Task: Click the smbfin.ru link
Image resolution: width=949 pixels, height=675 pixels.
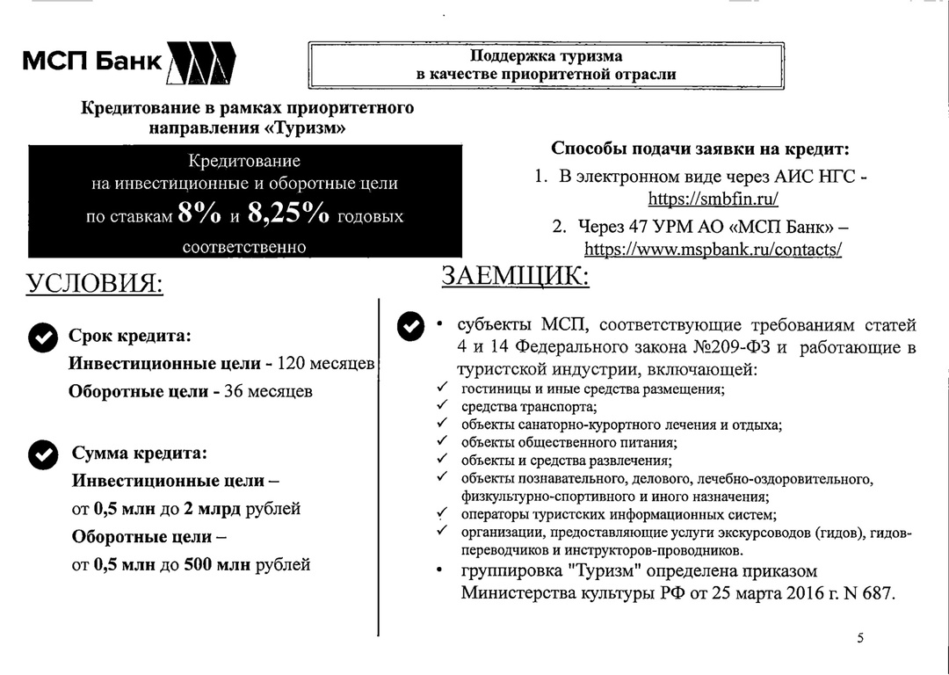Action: click(x=713, y=199)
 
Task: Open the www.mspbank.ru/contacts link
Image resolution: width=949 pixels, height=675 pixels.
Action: click(x=713, y=249)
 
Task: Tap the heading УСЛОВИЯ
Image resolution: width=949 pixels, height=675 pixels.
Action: click(x=94, y=284)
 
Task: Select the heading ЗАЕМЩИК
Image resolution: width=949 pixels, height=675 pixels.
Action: click(x=515, y=276)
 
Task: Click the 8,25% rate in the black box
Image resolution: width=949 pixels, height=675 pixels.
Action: click(x=288, y=214)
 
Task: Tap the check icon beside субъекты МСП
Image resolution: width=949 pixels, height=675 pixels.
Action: click(x=411, y=326)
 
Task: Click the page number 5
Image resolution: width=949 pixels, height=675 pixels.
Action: click(x=860, y=638)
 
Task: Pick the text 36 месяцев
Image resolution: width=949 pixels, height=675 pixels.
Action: click(x=268, y=391)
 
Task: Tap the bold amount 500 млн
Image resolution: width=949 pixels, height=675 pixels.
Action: click(x=216, y=564)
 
